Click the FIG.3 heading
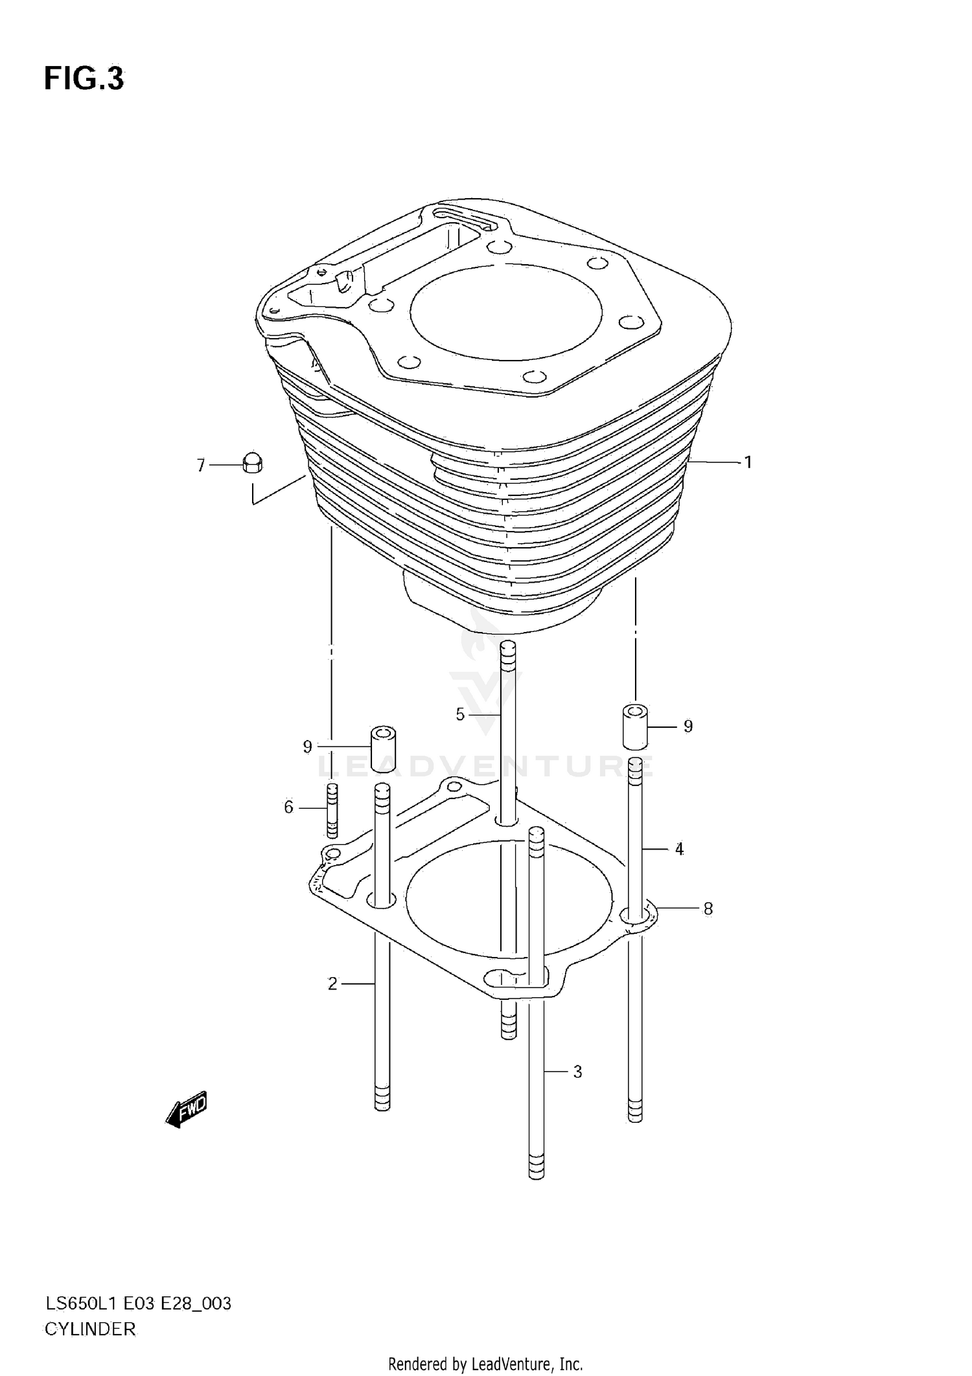click(x=84, y=79)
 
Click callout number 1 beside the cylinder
click(x=748, y=462)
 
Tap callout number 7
click(x=201, y=465)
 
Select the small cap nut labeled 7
click(x=252, y=464)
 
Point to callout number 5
click(x=460, y=714)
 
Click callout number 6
click(x=289, y=807)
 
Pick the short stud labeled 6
click(x=332, y=810)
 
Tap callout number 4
click(x=679, y=848)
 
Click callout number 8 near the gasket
click(x=708, y=908)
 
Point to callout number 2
click(x=332, y=984)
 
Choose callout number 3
click(x=577, y=1072)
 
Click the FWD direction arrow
click(x=187, y=1110)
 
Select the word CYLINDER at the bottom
click(x=90, y=1329)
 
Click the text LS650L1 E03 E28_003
click(x=137, y=1303)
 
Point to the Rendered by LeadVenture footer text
click(x=485, y=1364)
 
